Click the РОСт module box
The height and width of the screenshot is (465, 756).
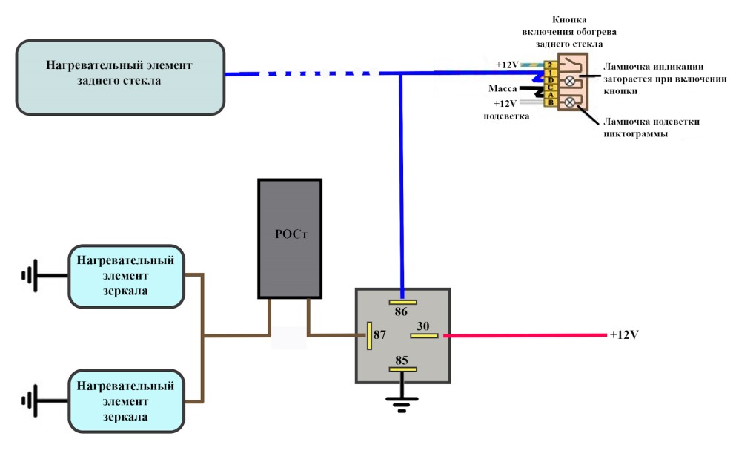[290, 239]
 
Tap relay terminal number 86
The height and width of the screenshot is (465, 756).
[401, 311]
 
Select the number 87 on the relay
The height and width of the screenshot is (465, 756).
[379, 334]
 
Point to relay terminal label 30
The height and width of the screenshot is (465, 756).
[422, 326]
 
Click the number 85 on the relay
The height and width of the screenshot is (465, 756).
[402, 360]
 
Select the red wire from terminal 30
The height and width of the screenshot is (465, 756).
[525, 335]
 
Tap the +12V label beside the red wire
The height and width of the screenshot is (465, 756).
[624, 334]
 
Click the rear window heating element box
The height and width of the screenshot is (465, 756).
[120, 77]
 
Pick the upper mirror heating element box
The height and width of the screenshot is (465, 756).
[126, 277]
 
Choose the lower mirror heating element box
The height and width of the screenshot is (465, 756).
[126, 401]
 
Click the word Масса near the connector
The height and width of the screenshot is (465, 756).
[503, 88]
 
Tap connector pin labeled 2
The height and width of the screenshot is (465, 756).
[550, 65]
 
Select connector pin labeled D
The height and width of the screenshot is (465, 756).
[551, 80]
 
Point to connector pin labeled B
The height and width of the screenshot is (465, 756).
[551, 102]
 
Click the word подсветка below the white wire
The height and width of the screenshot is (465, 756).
[506, 116]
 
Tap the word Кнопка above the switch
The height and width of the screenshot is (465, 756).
[569, 20]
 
